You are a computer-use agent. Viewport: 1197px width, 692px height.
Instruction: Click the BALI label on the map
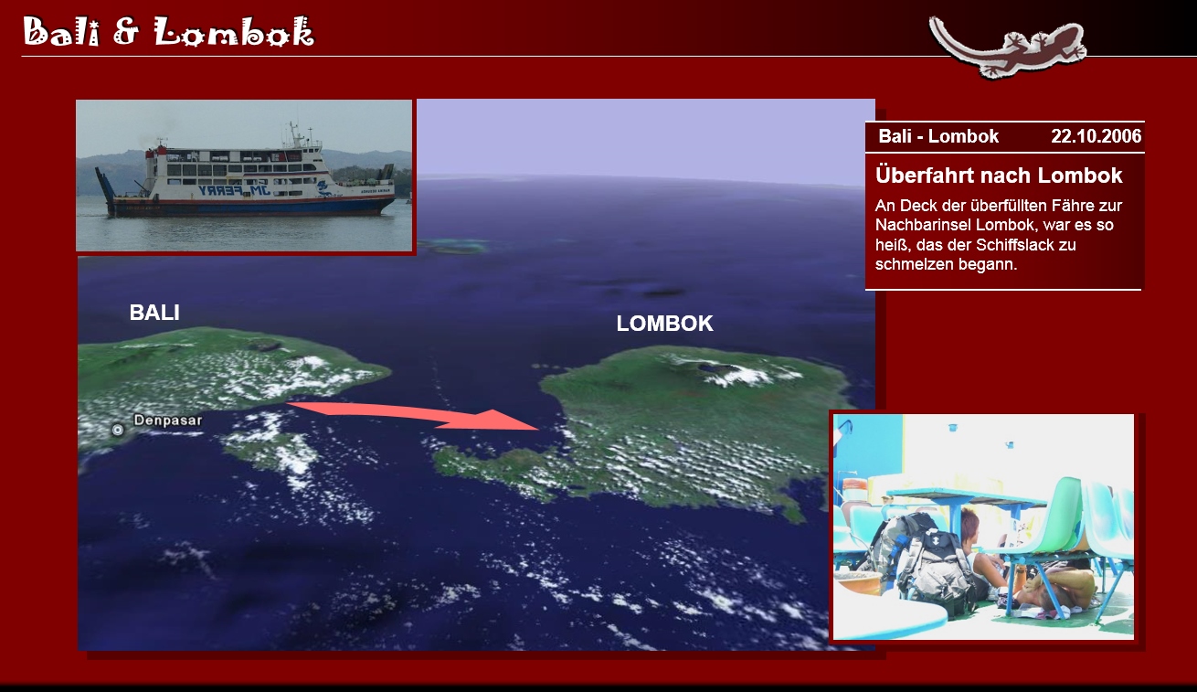[154, 313]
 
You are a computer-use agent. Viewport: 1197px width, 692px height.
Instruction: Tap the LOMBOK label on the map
[665, 324]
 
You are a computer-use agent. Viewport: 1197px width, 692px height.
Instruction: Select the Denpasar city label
[168, 421]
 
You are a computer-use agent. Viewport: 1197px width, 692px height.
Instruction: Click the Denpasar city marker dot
[118, 430]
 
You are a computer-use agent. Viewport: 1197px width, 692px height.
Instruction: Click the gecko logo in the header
[1007, 47]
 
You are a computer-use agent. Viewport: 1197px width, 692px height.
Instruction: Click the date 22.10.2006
[1096, 136]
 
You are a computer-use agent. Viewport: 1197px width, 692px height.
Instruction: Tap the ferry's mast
[292, 133]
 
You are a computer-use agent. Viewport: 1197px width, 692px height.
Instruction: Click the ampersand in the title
[126, 32]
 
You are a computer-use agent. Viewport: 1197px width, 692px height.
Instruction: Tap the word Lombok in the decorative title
[234, 32]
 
